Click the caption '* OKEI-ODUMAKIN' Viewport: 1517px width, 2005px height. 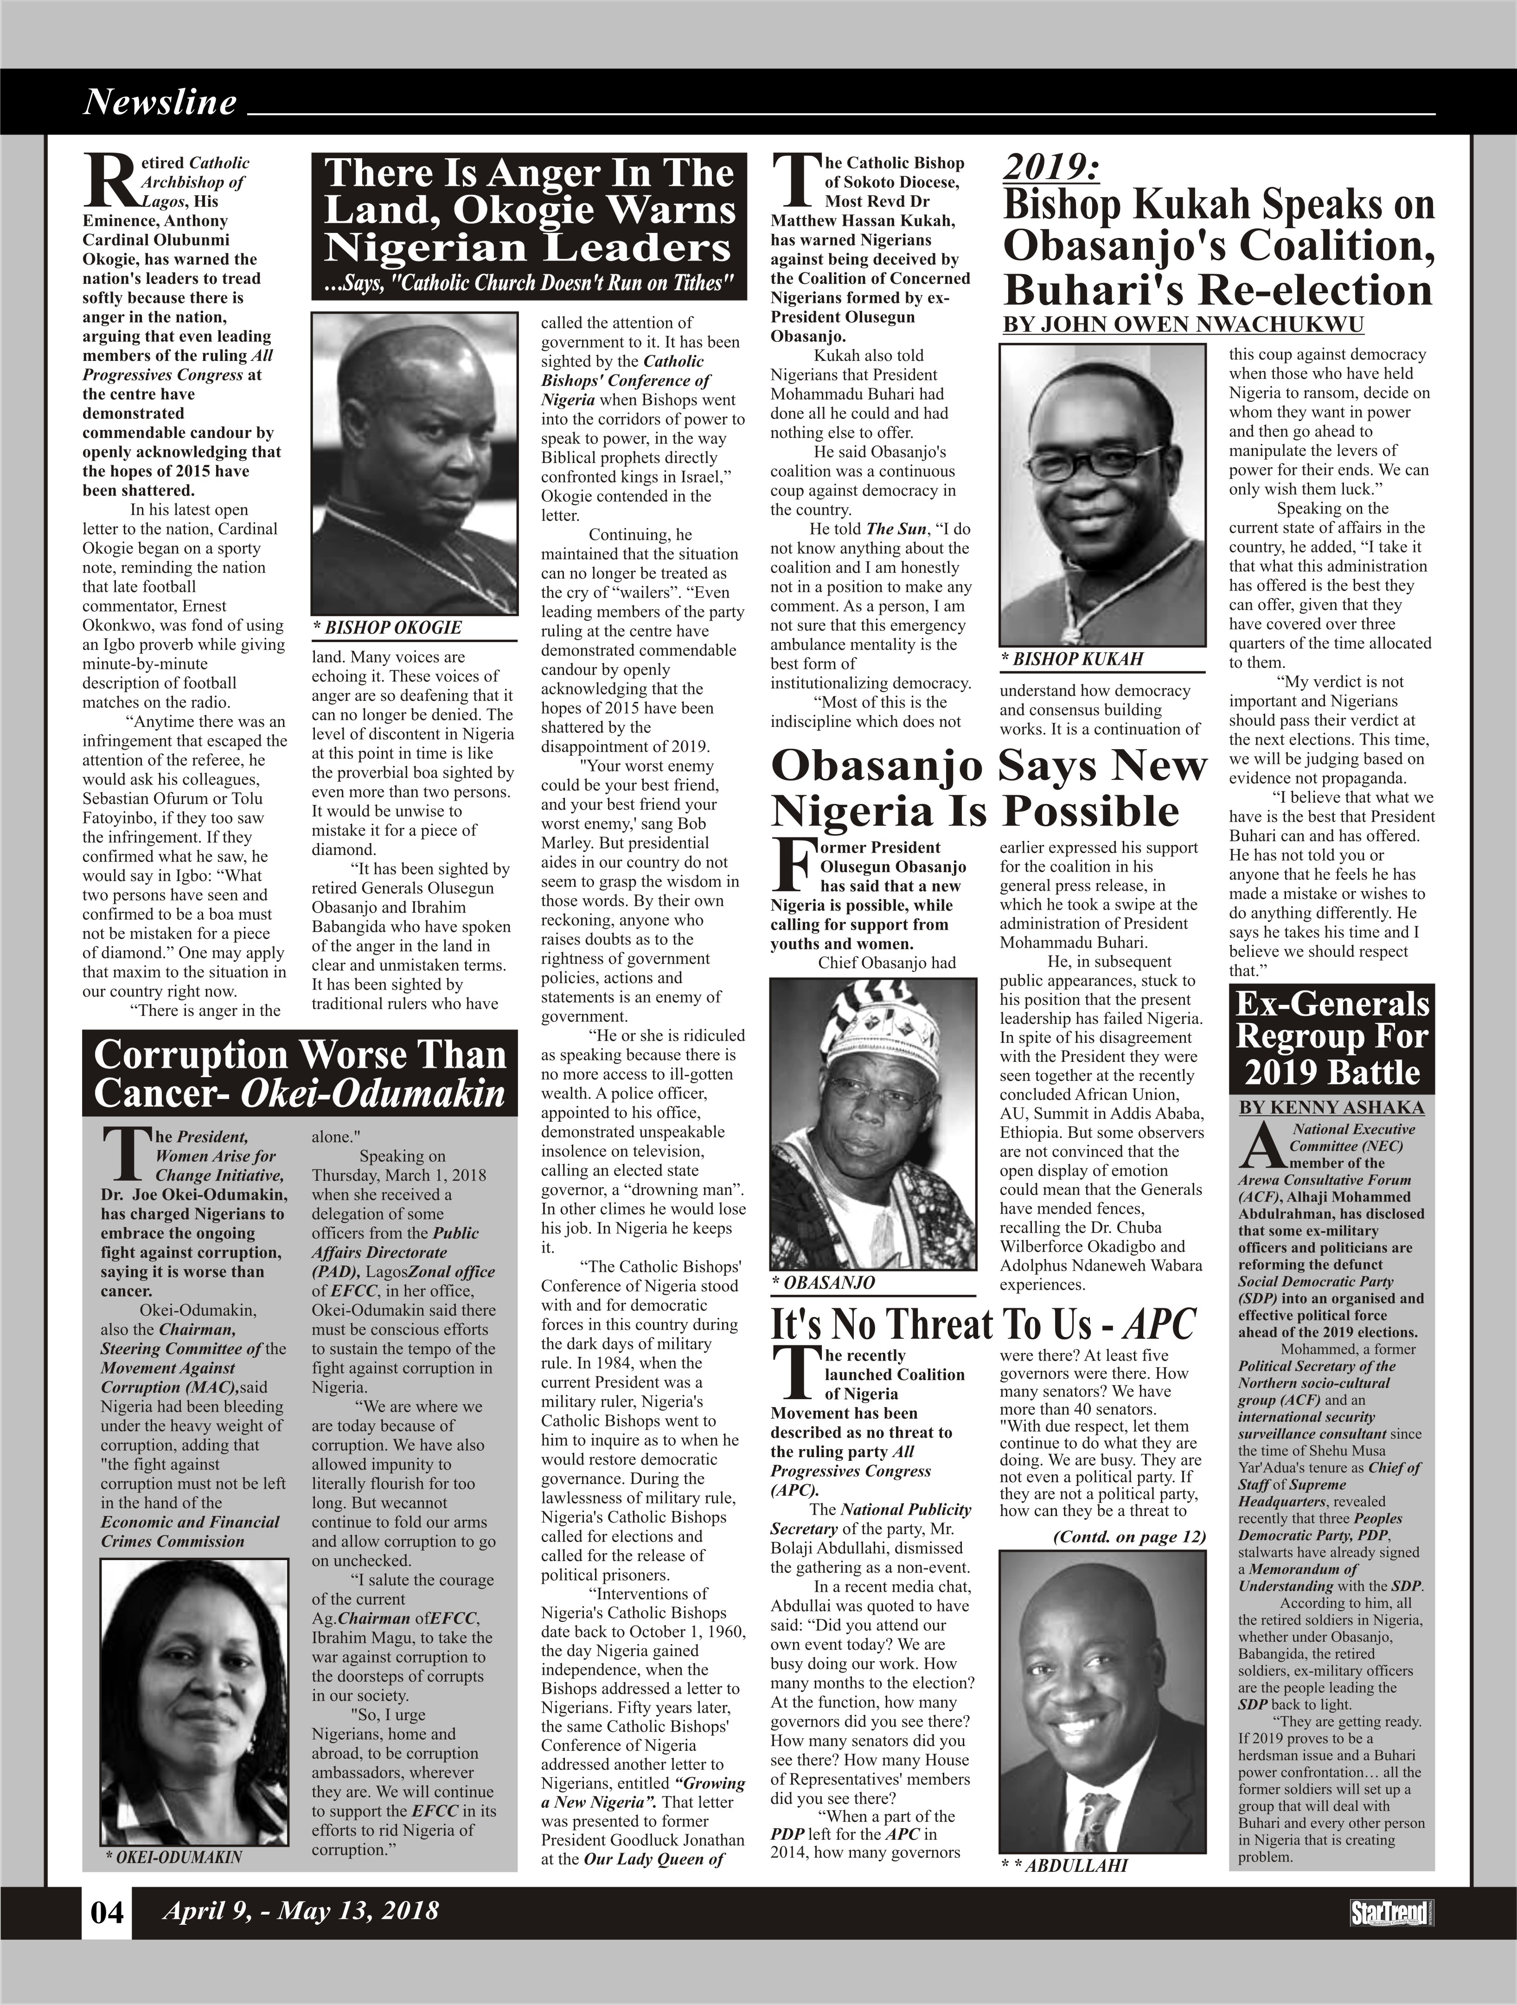pos(174,1857)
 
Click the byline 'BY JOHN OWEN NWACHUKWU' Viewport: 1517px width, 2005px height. pos(1183,324)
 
